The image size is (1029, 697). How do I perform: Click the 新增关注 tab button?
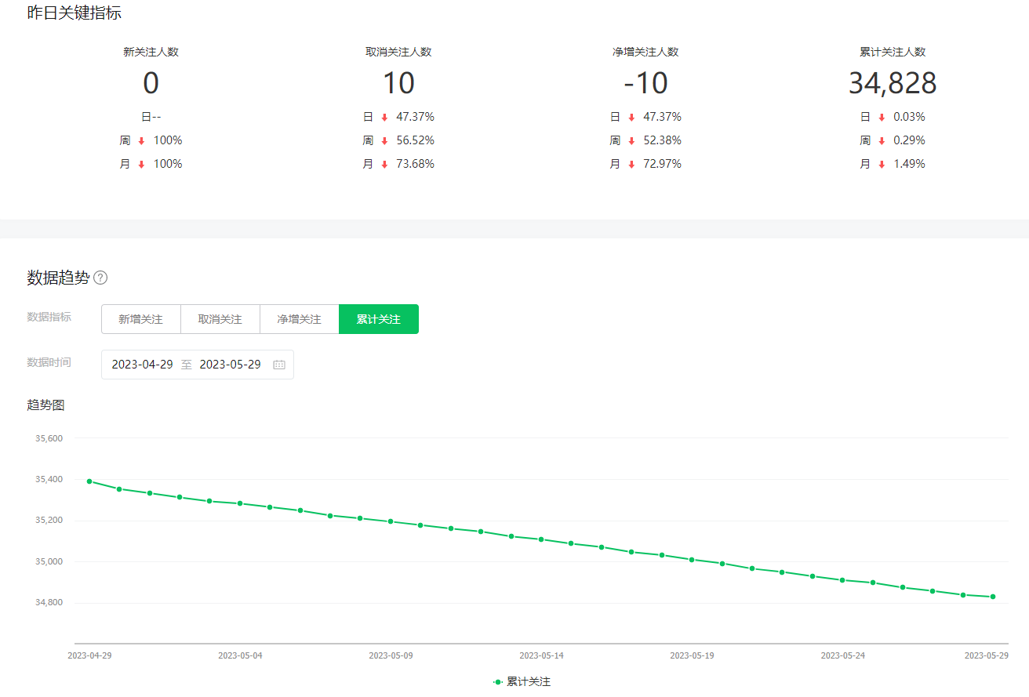pos(141,319)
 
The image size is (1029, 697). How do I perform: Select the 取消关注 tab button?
pos(220,319)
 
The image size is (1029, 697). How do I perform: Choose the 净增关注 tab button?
pos(300,319)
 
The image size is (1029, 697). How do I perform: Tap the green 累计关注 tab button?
pos(379,319)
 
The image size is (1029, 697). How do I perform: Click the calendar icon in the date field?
pos(279,365)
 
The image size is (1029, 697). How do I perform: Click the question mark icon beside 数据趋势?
pos(100,278)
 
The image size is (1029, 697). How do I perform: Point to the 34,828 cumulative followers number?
pos(893,83)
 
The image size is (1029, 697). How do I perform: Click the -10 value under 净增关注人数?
pos(645,83)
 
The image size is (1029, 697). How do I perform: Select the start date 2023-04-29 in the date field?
pos(142,365)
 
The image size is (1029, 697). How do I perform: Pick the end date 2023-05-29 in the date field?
pos(230,365)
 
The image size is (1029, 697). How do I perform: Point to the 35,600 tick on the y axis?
pos(49,438)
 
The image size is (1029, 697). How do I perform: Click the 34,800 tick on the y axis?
pos(49,603)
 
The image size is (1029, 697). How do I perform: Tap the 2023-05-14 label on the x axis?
pos(541,655)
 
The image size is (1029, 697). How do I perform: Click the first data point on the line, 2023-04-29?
pos(89,481)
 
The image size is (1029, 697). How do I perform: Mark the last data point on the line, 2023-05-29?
pos(993,597)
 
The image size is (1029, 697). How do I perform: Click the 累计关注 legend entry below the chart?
pos(523,682)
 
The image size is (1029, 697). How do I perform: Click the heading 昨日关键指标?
pos(75,13)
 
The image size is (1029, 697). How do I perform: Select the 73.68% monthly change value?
pos(415,164)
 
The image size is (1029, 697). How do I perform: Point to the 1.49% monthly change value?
pos(909,164)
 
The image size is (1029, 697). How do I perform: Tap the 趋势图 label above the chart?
pos(45,405)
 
